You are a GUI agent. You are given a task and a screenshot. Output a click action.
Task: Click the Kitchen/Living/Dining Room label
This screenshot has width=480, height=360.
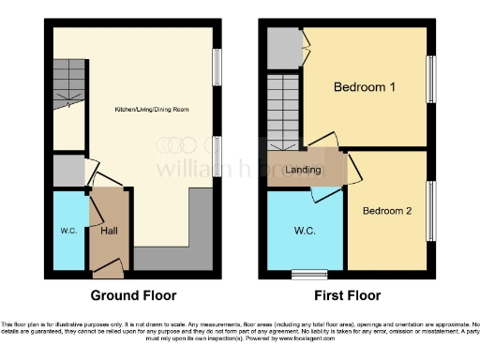click(x=152, y=110)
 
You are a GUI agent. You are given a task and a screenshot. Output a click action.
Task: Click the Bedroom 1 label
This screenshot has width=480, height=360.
click(x=365, y=87)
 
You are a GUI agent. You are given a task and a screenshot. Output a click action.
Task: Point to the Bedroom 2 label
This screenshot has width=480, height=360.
click(x=387, y=210)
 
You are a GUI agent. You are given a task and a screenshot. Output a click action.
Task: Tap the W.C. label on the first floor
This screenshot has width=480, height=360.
click(x=304, y=230)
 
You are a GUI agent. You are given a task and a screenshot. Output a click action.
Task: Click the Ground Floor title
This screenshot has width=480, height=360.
click(x=133, y=295)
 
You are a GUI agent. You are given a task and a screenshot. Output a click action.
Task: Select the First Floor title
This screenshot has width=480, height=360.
click(x=348, y=295)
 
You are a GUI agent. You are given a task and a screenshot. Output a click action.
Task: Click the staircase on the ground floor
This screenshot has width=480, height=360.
click(x=67, y=83)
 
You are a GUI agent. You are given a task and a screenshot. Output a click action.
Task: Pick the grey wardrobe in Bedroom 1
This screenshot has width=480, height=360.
click(x=281, y=49)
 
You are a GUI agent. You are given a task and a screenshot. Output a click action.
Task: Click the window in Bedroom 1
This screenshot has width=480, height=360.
click(x=431, y=80)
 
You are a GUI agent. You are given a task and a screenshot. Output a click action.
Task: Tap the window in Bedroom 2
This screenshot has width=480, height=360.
click(x=431, y=208)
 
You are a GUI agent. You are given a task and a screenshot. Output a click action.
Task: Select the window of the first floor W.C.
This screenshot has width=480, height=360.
click(x=304, y=275)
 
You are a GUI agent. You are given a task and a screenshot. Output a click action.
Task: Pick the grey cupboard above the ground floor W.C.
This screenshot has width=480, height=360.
click(x=67, y=172)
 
